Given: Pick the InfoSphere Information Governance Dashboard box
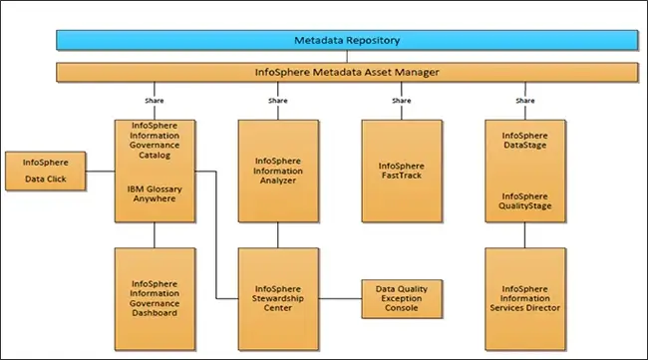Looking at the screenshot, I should click(155, 298).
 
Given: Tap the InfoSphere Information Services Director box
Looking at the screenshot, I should click(524, 298).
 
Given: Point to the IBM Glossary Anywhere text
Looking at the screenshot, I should click(155, 192).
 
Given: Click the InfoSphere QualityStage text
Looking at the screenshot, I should click(524, 201).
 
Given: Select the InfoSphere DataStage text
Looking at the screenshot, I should click(524, 140).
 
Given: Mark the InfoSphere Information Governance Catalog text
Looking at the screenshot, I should click(155, 140).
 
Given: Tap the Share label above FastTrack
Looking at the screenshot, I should click(401, 101).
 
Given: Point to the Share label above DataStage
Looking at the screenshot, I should click(524, 101).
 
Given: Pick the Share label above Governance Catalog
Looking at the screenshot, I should click(155, 101).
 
